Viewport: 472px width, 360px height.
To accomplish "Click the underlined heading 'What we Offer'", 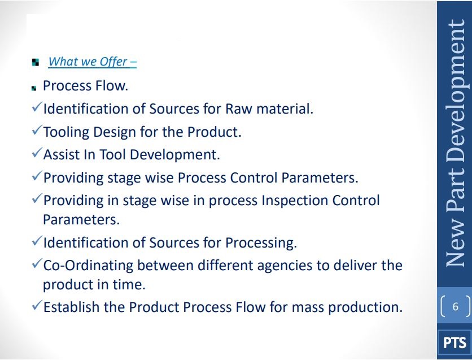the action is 92,62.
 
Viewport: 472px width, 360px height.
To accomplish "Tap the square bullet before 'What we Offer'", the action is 35,62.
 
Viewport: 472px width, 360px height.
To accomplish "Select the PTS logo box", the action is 454,343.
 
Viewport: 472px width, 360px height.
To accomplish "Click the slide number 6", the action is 455,307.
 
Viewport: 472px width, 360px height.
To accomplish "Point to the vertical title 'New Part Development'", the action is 455,143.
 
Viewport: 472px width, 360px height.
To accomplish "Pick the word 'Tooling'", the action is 66,132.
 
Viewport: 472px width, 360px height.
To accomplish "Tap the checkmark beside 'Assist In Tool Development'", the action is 37,153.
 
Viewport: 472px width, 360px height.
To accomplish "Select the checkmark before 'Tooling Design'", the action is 37,130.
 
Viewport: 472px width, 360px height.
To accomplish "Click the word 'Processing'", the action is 261,243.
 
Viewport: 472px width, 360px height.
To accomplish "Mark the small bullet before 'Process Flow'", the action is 34,88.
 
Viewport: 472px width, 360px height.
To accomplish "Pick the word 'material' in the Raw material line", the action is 285,109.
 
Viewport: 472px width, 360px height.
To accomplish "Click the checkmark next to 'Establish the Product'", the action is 37,306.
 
